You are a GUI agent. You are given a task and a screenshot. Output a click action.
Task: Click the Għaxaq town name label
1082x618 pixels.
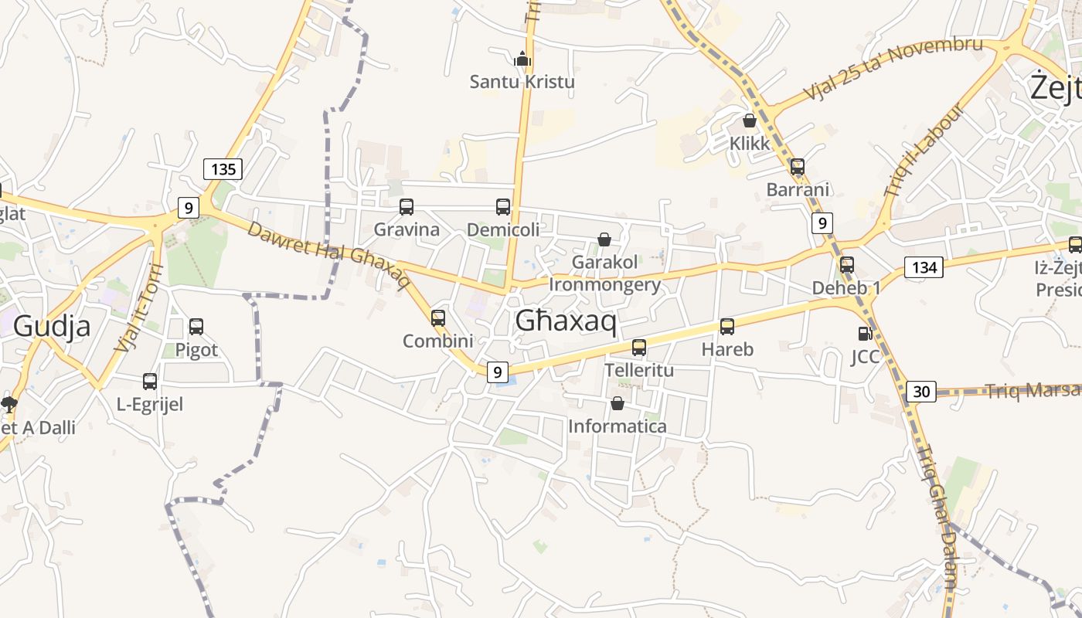pyautogui.click(x=566, y=320)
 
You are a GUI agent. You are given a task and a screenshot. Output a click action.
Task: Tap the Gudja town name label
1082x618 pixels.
pyautogui.click(x=52, y=326)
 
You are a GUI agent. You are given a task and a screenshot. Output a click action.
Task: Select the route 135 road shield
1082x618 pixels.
pyautogui.click(x=223, y=168)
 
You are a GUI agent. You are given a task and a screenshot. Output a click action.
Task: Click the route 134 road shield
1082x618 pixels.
pyautogui.click(x=924, y=267)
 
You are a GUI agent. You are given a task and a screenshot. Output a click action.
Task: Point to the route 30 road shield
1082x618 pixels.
pyautogui.click(x=921, y=391)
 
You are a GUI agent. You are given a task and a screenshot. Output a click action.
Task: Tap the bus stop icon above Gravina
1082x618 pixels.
pyautogui.click(x=407, y=207)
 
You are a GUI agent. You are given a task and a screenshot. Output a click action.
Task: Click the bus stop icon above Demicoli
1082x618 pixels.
pyautogui.click(x=503, y=207)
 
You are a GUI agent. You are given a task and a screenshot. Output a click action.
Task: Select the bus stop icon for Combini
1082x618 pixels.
pyautogui.click(x=438, y=318)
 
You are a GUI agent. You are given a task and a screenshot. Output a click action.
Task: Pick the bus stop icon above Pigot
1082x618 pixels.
pyautogui.click(x=196, y=327)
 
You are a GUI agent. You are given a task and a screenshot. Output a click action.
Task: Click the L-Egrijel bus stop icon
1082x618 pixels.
pyautogui.click(x=150, y=382)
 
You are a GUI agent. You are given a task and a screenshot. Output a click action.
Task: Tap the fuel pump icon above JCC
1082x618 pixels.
pyautogui.click(x=866, y=334)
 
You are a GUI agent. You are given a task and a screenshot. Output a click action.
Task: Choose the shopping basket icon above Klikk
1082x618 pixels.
pyautogui.click(x=750, y=121)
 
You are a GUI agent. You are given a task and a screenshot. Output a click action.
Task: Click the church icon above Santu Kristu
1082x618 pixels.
pyautogui.click(x=523, y=58)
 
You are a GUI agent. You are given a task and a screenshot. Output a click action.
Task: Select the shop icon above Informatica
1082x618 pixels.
pyautogui.click(x=618, y=403)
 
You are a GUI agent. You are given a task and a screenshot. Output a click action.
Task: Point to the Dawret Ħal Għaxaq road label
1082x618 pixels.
pyautogui.click(x=328, y=254)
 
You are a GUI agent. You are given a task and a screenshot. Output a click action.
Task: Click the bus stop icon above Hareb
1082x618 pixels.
pyautogui.click(x=727, y=327)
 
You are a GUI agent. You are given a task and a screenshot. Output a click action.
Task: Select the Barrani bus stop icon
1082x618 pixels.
pyautogui.click(x=798, y=167)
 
